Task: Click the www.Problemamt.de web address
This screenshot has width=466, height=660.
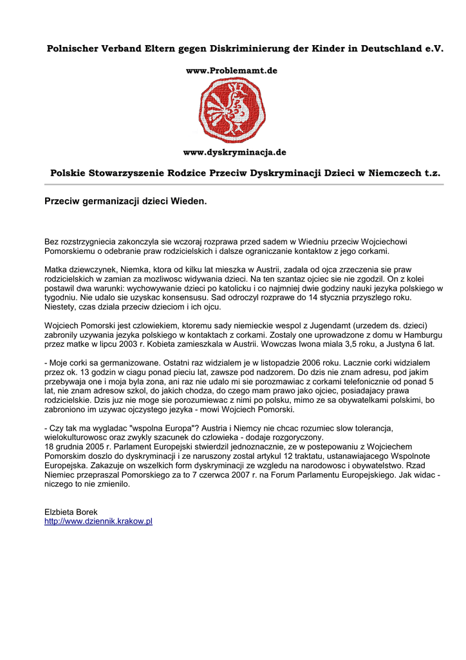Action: pos(232,70)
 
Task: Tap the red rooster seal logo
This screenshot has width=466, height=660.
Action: pos(232,110)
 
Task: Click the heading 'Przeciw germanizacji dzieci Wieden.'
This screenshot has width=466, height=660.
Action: pos(126,202)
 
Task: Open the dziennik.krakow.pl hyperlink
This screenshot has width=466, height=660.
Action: pos(98,521)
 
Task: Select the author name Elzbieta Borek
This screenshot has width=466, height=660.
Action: pos(71,512)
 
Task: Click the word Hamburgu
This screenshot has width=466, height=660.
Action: pos(422,335)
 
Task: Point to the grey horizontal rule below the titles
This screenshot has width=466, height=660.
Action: pos(244,184)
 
